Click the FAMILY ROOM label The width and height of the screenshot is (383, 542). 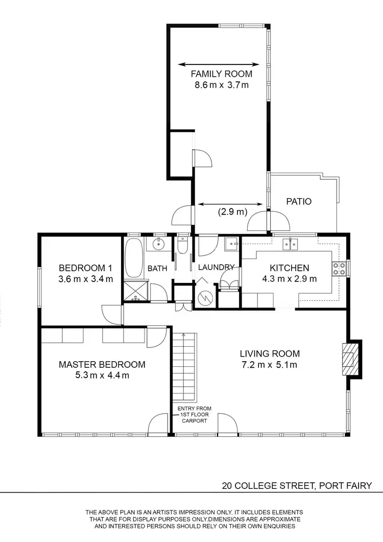[222, 74]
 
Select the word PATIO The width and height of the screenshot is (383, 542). [299, 201]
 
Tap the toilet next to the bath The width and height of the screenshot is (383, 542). [183, 247]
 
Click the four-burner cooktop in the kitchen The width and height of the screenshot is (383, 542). [340, 268]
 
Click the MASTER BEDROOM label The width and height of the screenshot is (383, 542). [102, 364]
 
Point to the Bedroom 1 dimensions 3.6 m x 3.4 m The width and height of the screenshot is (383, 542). [85, 279]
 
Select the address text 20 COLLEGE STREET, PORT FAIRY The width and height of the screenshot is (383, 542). [296, 486]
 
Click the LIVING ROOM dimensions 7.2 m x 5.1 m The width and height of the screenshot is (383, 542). [270, 364]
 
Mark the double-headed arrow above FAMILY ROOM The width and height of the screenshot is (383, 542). [219, 64]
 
